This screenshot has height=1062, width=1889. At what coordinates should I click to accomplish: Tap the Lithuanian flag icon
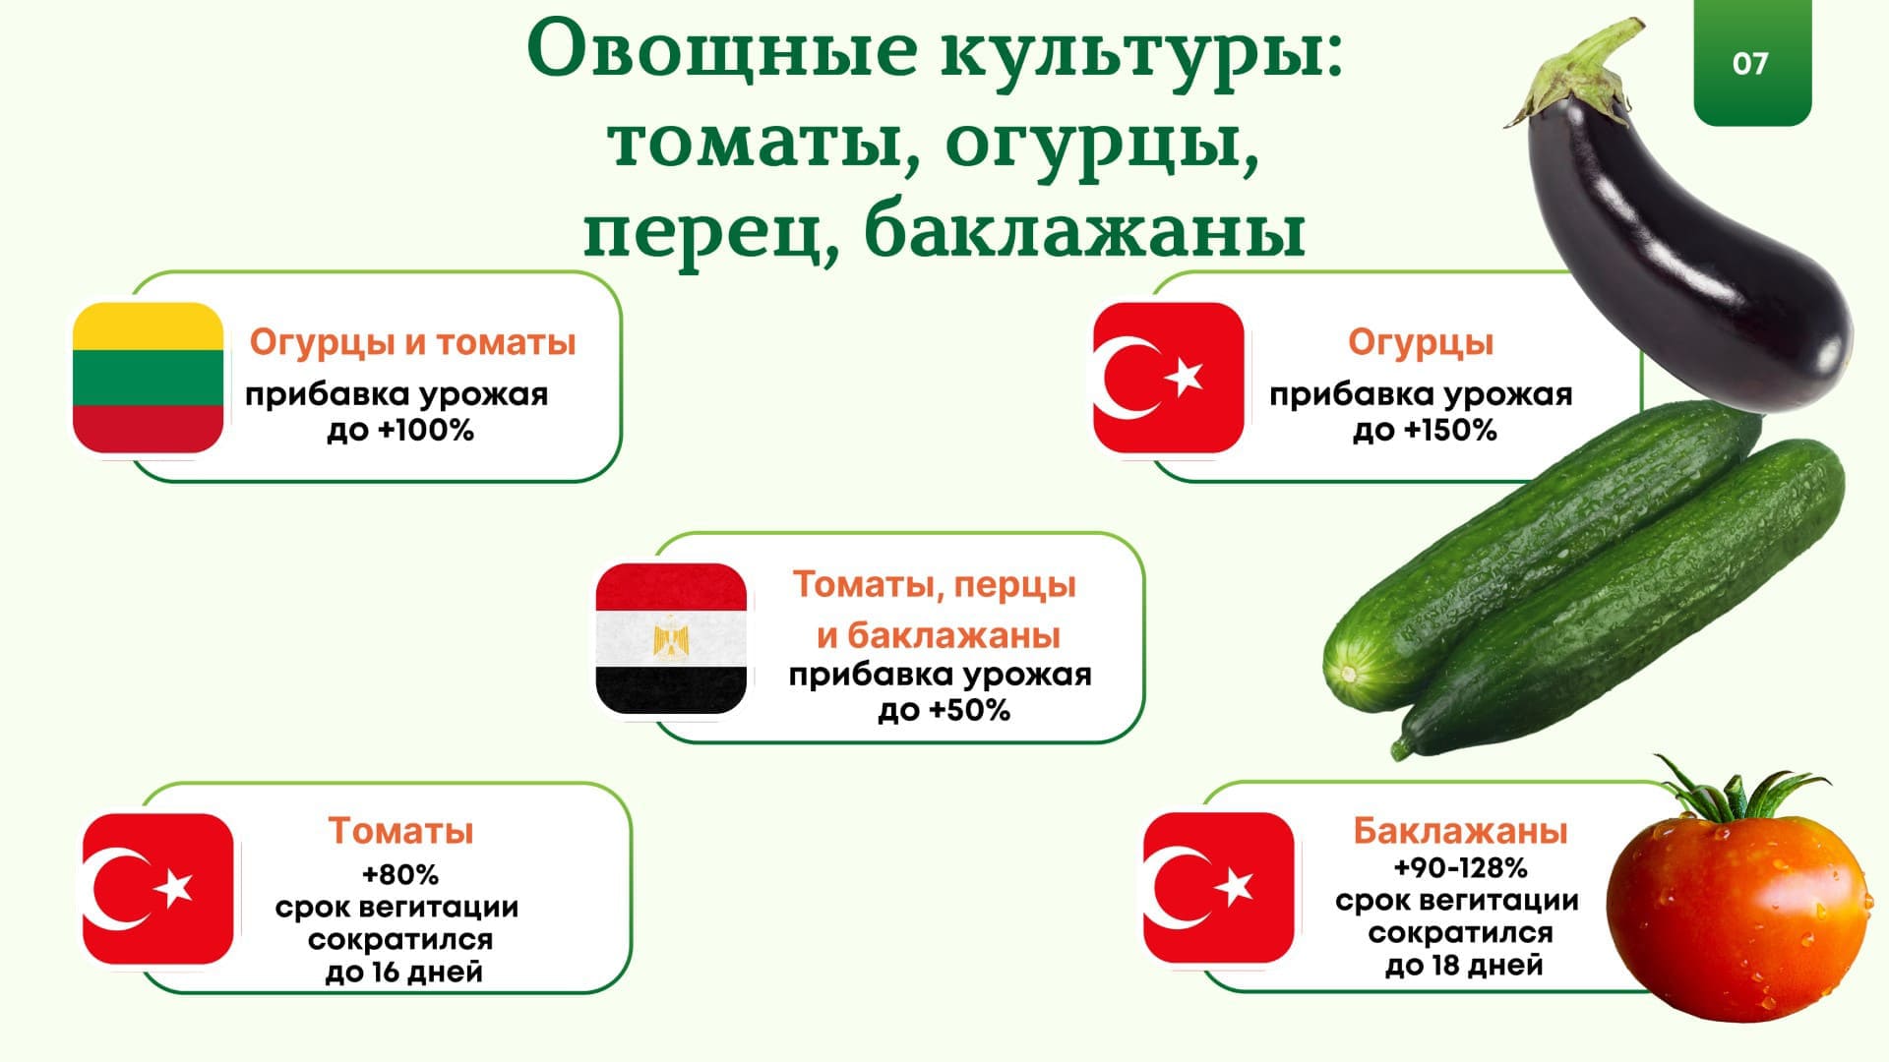(149, 378)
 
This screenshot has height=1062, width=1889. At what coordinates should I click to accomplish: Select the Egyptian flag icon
(672, 638)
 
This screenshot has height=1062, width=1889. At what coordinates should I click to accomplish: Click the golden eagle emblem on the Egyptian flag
(672, 637)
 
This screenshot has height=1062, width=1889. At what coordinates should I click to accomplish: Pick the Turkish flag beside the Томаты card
(158, 889)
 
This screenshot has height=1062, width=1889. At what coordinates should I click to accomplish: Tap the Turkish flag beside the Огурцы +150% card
(1169, 378)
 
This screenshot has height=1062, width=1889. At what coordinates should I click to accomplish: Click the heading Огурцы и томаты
(412, 342)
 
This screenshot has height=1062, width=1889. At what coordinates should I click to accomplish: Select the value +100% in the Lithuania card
(427, 430)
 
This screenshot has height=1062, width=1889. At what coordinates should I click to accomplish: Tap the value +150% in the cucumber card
(1450, 430)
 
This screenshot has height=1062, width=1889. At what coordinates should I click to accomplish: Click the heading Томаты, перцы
(935, 585)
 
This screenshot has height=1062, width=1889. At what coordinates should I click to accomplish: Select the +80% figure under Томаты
(400, 874)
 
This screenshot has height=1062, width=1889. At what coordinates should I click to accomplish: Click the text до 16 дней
(403, 973)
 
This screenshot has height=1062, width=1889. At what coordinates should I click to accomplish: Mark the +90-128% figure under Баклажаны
(1461, 868)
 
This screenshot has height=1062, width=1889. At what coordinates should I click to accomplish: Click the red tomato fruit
(1737, 910)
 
